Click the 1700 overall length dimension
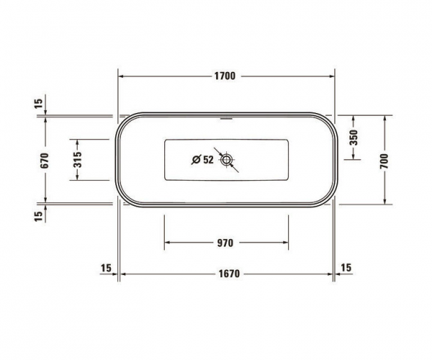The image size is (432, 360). pyautogui.click(x=227, y=76)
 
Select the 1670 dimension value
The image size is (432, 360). pyautogui.click(x=227, y=274)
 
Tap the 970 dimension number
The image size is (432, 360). pyautogui.click(x=225, y=243)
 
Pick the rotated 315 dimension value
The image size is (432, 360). pyautogui.click(x=77, y=159)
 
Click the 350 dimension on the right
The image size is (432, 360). pyautogui.click(x=354, y=137)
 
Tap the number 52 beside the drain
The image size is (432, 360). pyautogui.click(x=207, y=161)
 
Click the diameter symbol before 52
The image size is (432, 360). pyautogui.click(x=195, y=161)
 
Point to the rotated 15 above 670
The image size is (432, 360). pyautogui.click(x=38, y=104)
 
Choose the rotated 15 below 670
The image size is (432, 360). pyautogui.click(x=38, y=213)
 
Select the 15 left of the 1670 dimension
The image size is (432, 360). pyautogui.click(x=107, y=268)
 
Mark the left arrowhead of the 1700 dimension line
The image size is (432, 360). pyautogui.click(x=122, y=76)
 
